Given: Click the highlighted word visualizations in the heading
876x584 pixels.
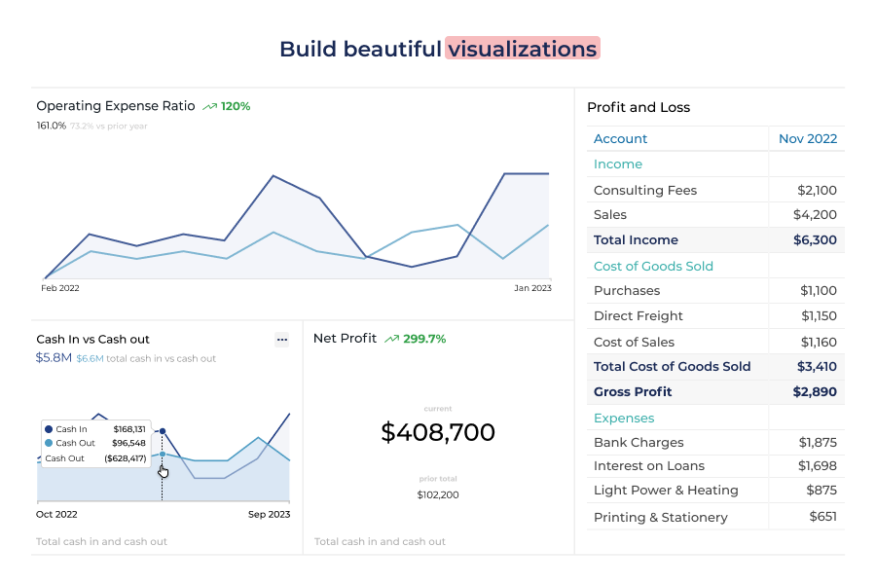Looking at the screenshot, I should [523, 49].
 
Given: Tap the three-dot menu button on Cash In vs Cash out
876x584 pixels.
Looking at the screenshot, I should [282, 340].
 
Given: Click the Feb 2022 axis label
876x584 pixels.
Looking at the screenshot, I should [60, 288].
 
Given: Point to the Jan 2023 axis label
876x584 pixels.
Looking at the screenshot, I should [532, 288].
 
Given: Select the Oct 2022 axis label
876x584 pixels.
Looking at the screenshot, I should [56, 514].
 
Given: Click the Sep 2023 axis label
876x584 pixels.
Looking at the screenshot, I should [269, 514].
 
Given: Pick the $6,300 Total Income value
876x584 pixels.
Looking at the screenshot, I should [815, 240].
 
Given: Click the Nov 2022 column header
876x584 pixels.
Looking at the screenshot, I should [808, 139].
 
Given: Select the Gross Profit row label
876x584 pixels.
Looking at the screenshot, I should [635, 392].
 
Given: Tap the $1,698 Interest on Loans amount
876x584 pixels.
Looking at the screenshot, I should [817, 466].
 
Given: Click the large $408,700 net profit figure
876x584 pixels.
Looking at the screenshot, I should [438, 432].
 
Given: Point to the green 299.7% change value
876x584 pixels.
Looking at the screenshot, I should [423, 339].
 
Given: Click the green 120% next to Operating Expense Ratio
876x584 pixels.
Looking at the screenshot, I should [236, 106].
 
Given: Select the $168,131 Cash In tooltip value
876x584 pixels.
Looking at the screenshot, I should [129, 429].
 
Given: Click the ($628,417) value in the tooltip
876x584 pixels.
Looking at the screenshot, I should [126, 458].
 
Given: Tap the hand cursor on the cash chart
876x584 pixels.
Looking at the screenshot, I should [163, 472].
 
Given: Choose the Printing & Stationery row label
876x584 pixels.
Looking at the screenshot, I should [660, 518].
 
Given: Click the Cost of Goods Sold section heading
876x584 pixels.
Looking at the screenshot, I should [653, 267].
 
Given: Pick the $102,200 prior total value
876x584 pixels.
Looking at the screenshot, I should [438, 494].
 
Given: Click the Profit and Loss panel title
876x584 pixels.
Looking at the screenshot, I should [639, 108].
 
